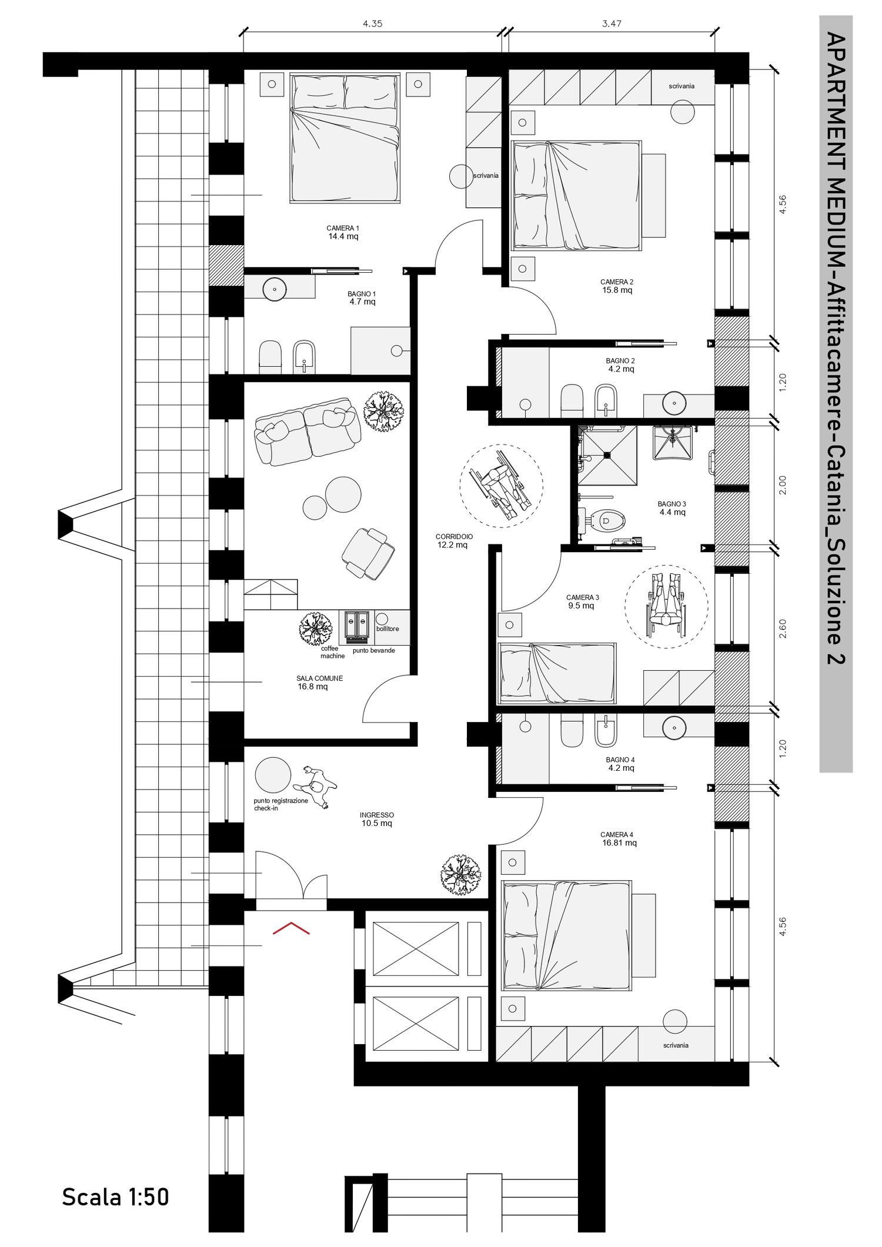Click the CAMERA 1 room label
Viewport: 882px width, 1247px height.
[x=343, y=232]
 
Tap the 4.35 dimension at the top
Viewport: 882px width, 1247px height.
[x=372, y=24]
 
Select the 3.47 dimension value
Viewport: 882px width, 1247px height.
[x=612, y=24]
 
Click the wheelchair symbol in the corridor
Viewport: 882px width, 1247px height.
[x=502, y=486]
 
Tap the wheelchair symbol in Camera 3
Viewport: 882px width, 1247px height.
[x=667, y=606]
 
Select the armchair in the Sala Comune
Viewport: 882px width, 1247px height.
[x=368, y=553]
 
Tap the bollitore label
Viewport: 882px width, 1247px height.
[x=387, y=628]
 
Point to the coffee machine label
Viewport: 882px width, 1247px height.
[x=331, y=652]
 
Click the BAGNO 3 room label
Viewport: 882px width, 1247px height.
[x=672, y=508]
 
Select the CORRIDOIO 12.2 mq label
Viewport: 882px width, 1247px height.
[x=453, y=541]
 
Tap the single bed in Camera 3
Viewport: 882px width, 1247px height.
[x=556, y=673]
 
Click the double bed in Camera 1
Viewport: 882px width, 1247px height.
[x=345, y=138]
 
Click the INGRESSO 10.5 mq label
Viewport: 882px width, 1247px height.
[x=377, y=819]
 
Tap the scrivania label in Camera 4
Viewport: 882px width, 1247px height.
[x=675, y=1045]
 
